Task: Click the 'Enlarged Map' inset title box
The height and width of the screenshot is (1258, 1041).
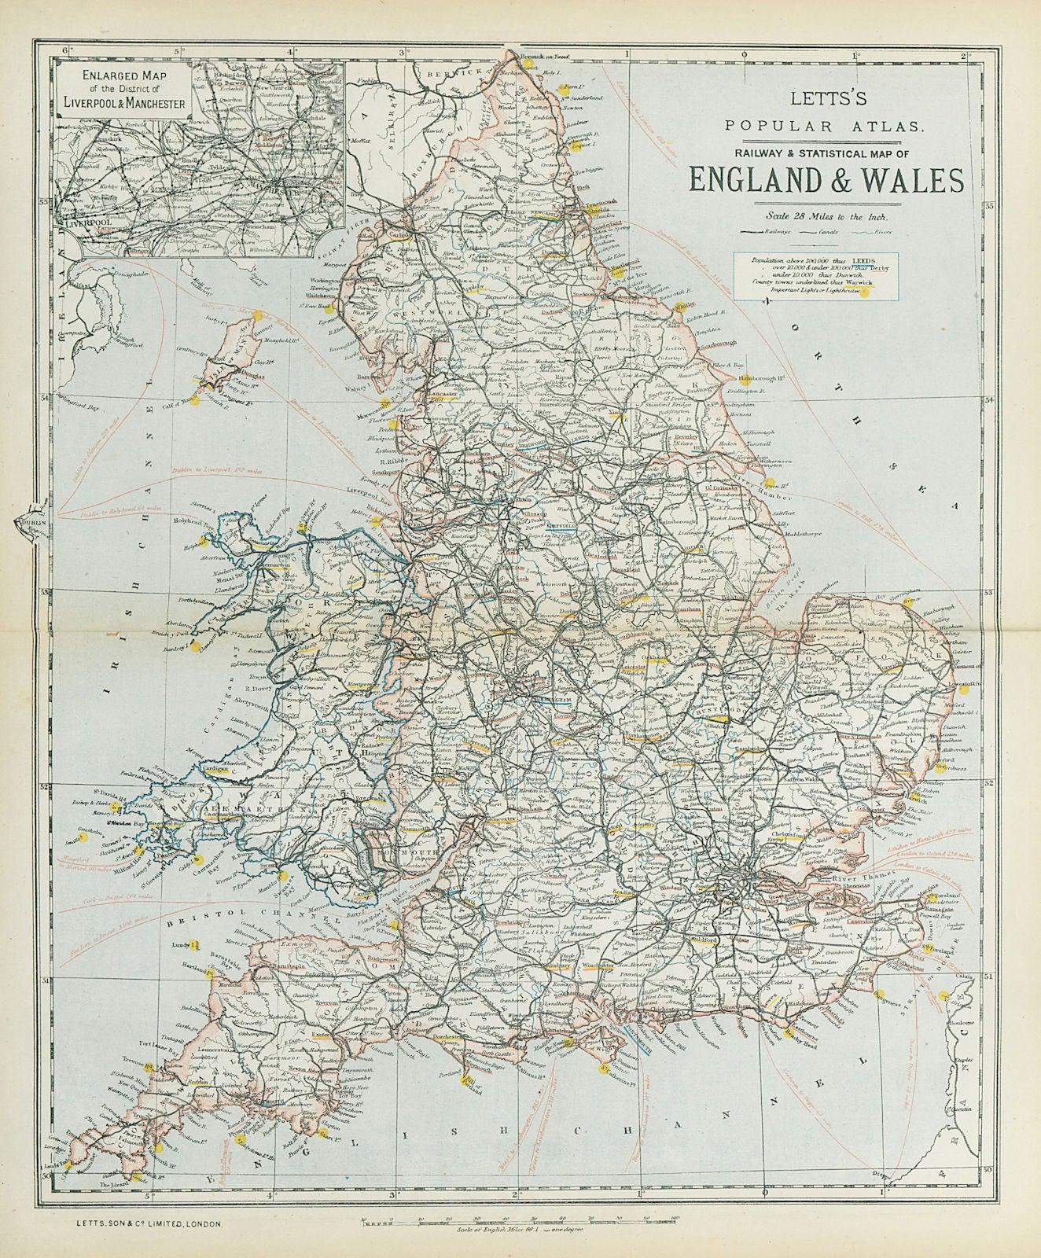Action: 126,91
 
